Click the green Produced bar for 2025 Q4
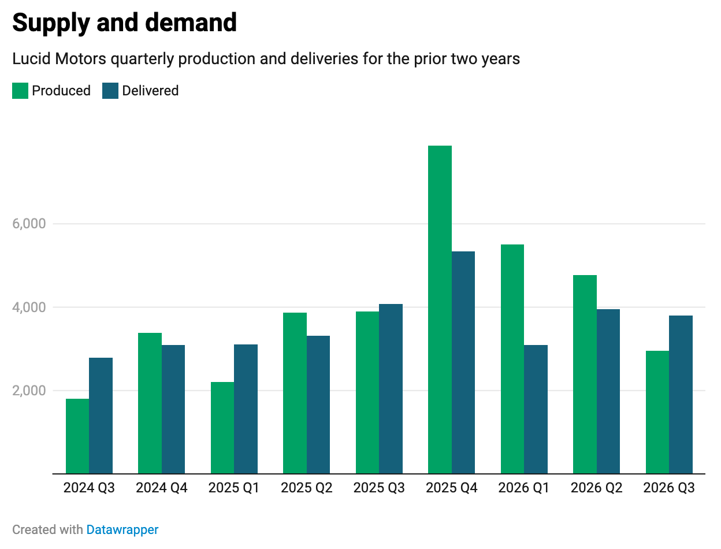(440, 310)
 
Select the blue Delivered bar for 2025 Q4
(463, 362)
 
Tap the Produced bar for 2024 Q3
(77, 436)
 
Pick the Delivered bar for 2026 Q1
(536, 409)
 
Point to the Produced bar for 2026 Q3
(657, 412)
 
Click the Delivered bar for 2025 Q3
(391, 389)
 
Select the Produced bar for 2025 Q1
(222, 428)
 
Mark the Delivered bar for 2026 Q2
(608, 391)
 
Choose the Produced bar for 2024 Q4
(150, 403)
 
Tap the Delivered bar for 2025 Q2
(318, 405)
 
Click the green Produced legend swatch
(20, 91)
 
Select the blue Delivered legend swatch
(110, 91)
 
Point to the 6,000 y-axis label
(29, 224)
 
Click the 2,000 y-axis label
(29, 390)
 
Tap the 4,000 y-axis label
(29, 307)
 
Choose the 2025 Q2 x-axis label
(306, 488)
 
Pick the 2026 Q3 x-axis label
(669, 488)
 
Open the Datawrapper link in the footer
(122, 529)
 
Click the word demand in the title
(191, 23)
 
